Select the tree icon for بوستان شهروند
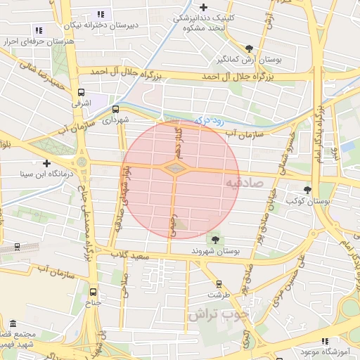214,239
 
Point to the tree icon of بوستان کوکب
307,190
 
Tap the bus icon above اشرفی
82,91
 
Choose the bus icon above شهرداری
115,109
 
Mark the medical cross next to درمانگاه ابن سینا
47,162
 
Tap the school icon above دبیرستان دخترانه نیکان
101,13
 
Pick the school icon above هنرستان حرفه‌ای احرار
38,30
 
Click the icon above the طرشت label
219,284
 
